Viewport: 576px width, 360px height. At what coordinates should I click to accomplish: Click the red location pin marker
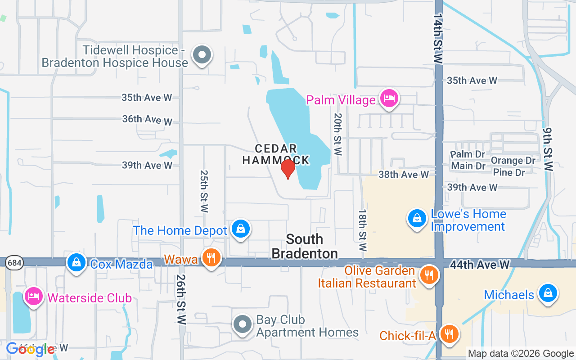click(288, 168)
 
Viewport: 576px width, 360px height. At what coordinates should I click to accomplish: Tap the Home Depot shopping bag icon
click(241, 229)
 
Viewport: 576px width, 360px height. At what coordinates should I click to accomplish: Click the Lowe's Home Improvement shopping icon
click(417, 218)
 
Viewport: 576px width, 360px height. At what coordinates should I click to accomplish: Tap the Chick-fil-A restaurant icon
click(449, 334)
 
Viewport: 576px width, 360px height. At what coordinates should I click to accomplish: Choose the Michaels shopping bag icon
click(548, 293)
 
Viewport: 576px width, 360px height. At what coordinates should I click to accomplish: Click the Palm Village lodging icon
click(388, 99)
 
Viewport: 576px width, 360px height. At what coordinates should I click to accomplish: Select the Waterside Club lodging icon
click(34, 297)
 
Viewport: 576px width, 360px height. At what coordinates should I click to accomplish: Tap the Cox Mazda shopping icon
click(76, 263)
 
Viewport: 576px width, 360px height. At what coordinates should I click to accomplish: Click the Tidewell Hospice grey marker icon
click(202, 55)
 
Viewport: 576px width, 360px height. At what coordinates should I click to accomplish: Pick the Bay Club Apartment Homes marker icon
click(243, 324)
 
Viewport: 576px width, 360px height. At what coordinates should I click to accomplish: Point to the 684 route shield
click(12, 262)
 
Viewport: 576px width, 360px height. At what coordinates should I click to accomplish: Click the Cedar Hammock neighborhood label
click(276, 154)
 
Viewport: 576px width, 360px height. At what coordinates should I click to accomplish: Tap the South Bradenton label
click(305, 246)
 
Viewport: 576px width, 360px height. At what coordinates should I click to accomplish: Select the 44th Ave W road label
click(480, 265)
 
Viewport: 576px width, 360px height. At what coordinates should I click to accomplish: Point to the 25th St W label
click(204, 191)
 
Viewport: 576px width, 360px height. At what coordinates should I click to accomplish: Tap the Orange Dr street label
click(513, 161)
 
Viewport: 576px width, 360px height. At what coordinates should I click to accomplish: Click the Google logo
click(31, 349)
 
